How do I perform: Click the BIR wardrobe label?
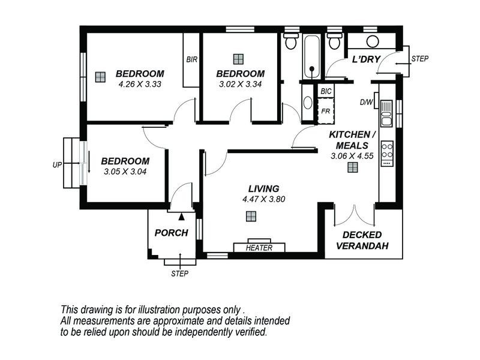(x=192, y=59)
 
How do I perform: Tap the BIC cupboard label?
(x=326, y=91)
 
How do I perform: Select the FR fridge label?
(x=326, y=111)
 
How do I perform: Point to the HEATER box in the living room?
(x=259, y=247)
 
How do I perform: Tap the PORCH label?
(x=172, y=233)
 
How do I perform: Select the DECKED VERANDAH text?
(x=362, y=240)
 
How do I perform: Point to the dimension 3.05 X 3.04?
(x=124, y=171)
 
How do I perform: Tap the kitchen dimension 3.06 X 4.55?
(x=352, y=155)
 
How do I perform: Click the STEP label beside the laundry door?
(x=419, y=58)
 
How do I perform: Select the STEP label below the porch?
(x=180, y=274)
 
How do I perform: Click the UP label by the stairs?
(x=57, y=164)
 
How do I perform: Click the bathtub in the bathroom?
(x=311, y=57)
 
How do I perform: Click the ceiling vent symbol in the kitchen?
(x=352, y=169)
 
